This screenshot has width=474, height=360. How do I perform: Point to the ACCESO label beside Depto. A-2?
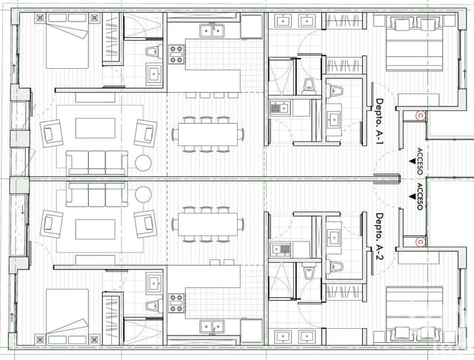420,198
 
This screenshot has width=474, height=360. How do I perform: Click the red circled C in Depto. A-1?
420,115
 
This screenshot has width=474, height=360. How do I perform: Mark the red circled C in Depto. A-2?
420,241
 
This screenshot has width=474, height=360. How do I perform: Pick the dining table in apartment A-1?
207,134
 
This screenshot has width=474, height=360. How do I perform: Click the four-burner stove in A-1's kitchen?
177,53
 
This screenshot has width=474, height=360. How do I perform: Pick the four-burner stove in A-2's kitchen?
177,303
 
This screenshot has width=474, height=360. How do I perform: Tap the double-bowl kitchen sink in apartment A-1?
212,30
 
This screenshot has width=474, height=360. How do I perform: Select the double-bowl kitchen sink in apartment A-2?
212,327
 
